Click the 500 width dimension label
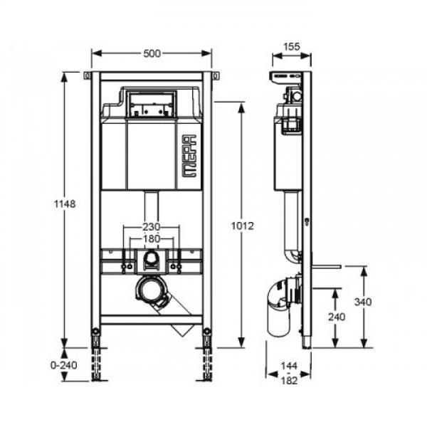pos(152,53)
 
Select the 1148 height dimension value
pos(65,204)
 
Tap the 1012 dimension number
pos(242,226)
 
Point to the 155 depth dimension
pos(292,46)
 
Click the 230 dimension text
pos(152,226)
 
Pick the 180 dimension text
pos(152,238)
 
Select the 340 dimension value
pos(363,302)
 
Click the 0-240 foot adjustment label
pos(64,365)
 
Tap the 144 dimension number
pos(289,366)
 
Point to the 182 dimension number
pos(289,381)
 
